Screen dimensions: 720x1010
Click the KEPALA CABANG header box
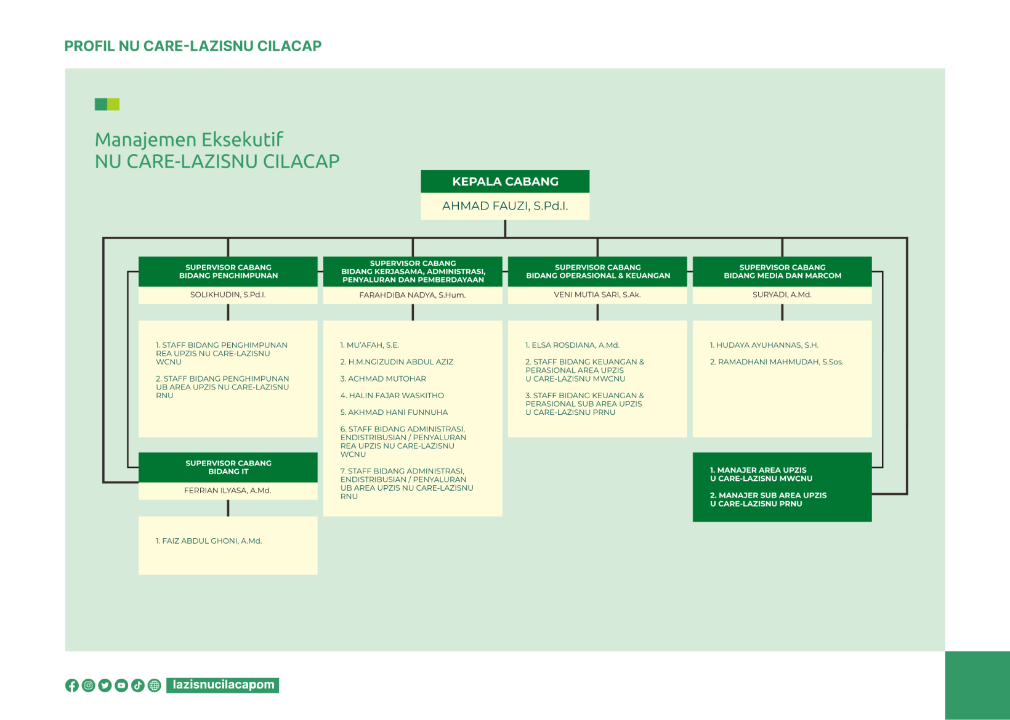click(x=505, y=181)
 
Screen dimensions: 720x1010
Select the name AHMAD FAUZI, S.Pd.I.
click(x=505, y=206)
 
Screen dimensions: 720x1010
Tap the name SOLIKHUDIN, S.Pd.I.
click(x=228, y=295)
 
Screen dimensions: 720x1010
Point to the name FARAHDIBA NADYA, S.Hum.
click(x=413, y=295)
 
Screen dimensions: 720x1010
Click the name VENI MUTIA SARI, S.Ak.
click(x=597, y=295)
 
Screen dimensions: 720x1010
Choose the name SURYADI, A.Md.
click(x=782, y=295)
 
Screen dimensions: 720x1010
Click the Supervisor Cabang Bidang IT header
click(x=228, y=467)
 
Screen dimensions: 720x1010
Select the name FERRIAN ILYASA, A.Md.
click(x=228, y=491)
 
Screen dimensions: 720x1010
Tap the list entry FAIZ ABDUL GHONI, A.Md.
click(x=209, y=541)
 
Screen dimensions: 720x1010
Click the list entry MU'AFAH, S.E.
click(x=370, y=345)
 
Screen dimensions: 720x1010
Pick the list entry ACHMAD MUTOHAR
click(x=383, y=378)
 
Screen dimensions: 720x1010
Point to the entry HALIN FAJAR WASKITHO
click(x=392, y=395)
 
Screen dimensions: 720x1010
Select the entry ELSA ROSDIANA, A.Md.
click(x=572, y=345)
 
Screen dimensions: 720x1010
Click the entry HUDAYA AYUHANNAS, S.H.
click(x=764, y=345)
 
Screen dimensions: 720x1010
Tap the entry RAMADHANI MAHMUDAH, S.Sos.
click(x=777, y=362)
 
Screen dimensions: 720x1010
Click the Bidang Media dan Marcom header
click(x=782, y=272)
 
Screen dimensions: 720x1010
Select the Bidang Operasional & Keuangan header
click(x=597, y=272)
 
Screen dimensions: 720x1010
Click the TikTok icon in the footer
click(x=138, y=685)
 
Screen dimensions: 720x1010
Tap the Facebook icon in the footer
click(x=72, y=685)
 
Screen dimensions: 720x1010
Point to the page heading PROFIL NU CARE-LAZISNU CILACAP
click(x=193, y=46)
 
